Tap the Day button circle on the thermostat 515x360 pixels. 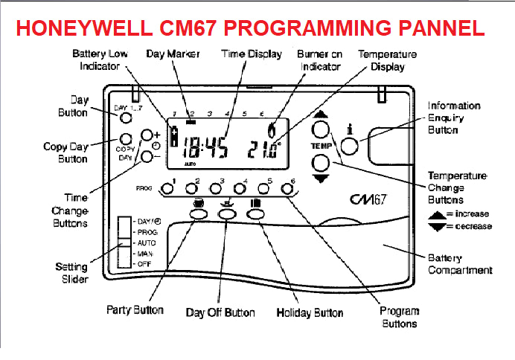click(x=127, y=118)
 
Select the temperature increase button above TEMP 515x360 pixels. click(x=320, y=130)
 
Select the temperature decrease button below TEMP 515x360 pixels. click(x=320, y=163)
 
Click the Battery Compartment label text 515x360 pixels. click(x=460, y=264)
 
